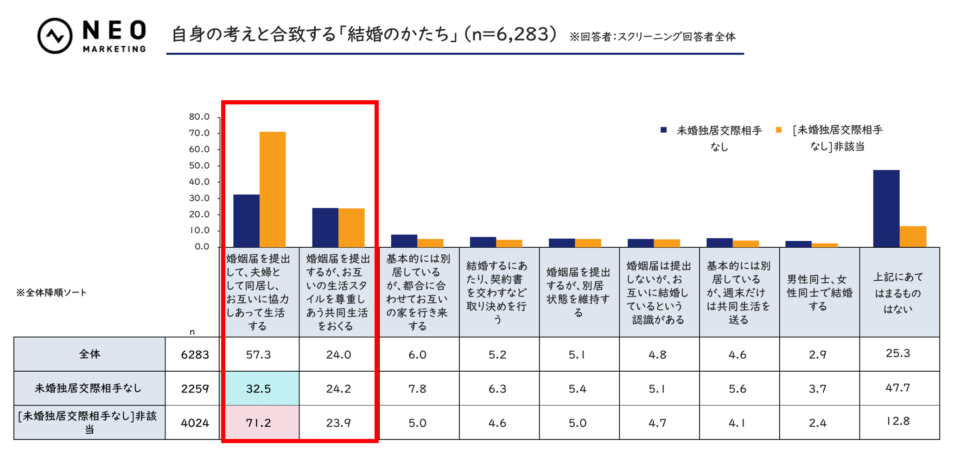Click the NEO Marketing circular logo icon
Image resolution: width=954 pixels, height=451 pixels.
point(55,36)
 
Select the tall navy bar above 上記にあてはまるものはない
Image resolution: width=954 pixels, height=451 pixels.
point(886,208)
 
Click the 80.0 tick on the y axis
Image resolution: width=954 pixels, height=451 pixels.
point(199,117)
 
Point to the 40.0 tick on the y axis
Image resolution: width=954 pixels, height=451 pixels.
point(199,182)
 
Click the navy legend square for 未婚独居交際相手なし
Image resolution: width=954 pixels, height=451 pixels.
point(663,130)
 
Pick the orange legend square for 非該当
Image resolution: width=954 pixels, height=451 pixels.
point(779,130)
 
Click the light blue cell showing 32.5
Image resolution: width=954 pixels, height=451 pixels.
point(259,388)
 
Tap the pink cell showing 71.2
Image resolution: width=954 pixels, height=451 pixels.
point(259,423)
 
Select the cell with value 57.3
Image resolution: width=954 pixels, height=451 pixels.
point(259,354)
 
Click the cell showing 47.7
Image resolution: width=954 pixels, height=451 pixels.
point(898,388)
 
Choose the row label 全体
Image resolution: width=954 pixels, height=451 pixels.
point(89,354)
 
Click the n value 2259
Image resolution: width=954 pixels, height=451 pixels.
point(195,388)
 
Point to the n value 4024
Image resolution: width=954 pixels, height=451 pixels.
point(195,423)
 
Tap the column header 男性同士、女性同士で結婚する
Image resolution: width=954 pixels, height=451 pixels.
point(820,292)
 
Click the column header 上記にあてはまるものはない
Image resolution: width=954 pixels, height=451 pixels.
point(899,292)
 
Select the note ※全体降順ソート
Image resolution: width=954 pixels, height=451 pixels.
point(51,292)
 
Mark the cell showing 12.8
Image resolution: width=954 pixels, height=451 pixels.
point(898,421)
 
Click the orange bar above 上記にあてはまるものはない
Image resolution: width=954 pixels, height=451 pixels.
point(912,237)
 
